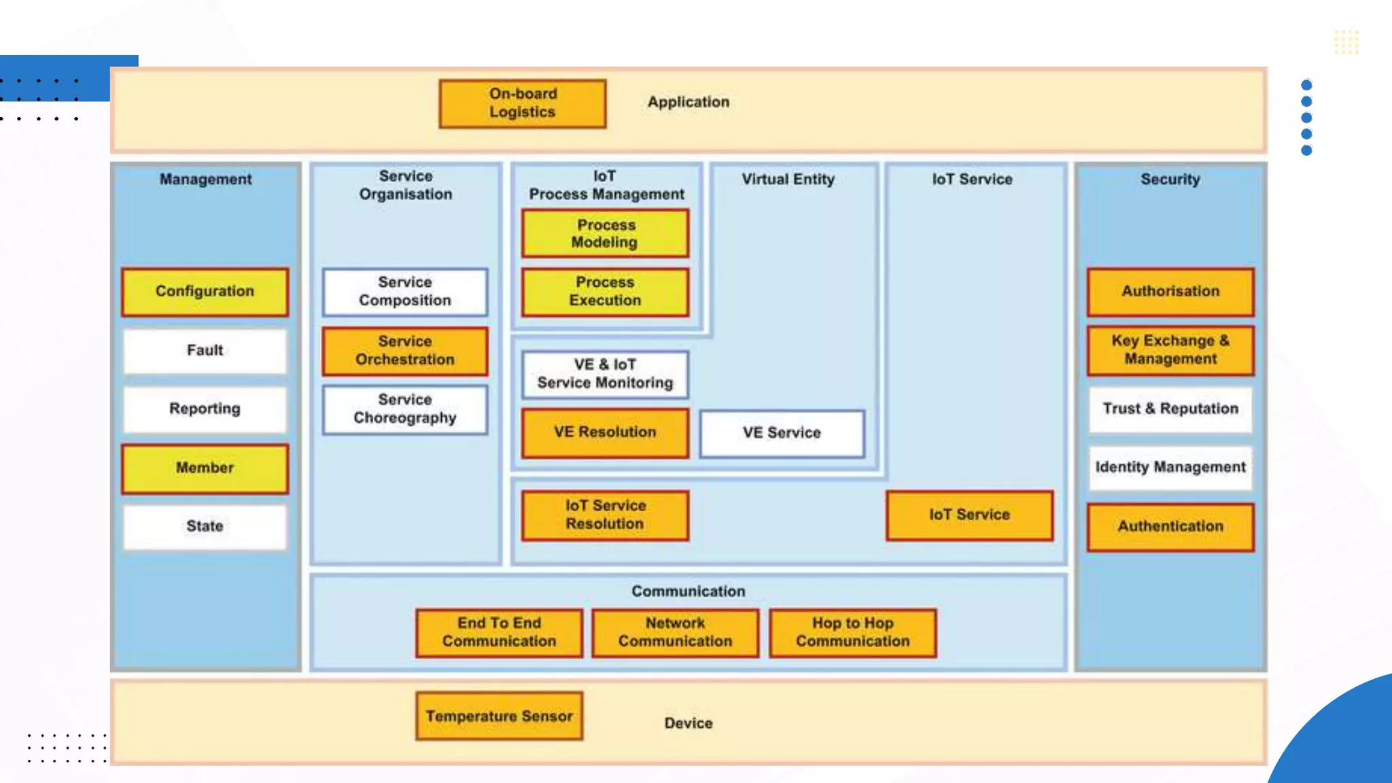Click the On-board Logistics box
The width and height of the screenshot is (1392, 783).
click(x=522, y=103)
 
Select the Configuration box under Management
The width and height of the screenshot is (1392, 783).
click(x=205, y=292)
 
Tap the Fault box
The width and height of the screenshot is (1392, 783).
click(x=205, y=351)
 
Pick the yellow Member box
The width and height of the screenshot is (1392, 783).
click(x=205, y=468)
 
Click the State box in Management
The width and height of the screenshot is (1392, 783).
click(x=205, y=527)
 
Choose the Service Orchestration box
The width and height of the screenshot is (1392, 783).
click(x=405, y=351)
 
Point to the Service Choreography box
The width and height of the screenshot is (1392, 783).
click(x=405, y=409)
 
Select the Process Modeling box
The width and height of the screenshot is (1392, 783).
click(x=605, y=234)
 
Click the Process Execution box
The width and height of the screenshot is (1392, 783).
click(x=605, y=292)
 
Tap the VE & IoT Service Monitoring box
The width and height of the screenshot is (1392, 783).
click(x=605, y=375)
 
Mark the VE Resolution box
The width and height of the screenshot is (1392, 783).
click(x=605, y=433)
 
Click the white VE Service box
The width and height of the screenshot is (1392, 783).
click(x=782, y=433)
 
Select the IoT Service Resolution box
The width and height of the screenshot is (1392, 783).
click(x=605, y=515)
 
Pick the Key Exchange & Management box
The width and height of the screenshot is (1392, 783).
click(x=1170, y=350)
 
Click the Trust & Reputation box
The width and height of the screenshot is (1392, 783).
click(x=1170, y=409)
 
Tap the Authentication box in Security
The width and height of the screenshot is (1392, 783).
click(x=1170, y=527)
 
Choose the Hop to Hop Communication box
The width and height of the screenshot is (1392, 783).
click(x=852, y=633)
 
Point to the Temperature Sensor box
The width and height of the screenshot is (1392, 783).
click(x=499, y=716)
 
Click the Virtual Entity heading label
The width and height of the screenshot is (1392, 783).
click(x=788, y=179)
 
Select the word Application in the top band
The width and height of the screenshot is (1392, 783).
click(x=688, y=102)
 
